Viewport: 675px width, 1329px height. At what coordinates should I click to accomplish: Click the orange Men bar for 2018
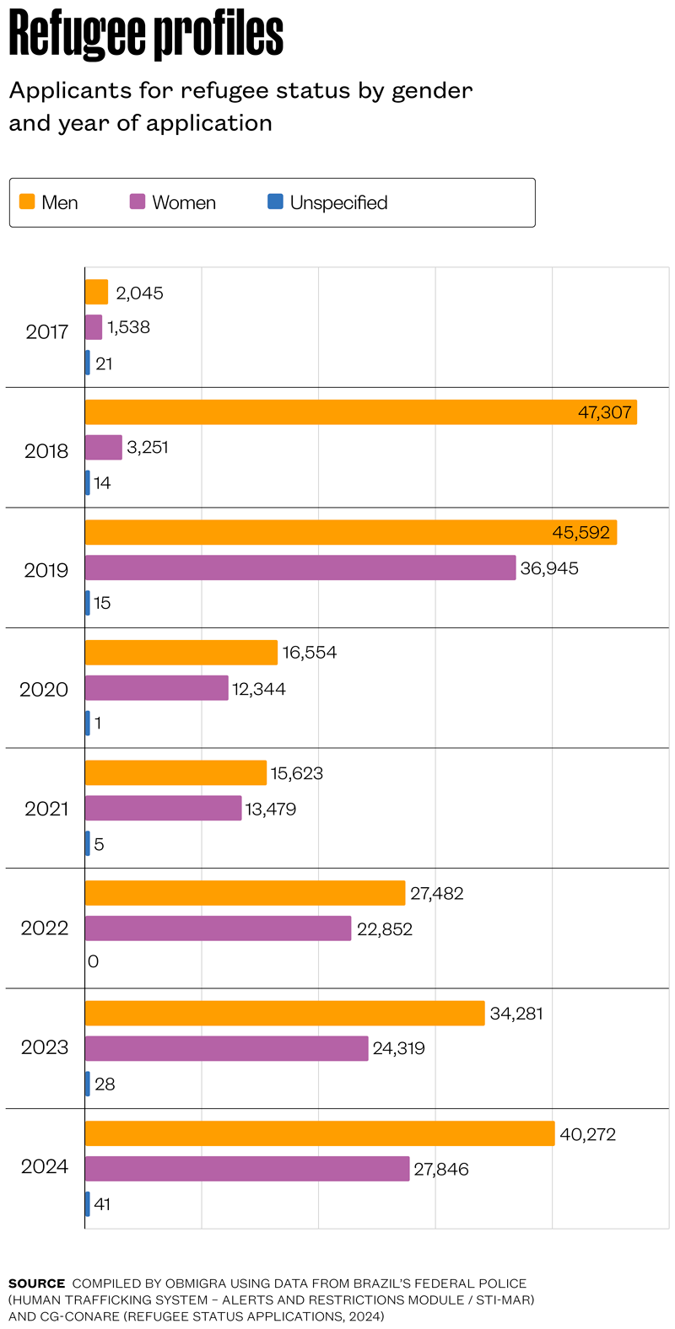(x=337, y=412)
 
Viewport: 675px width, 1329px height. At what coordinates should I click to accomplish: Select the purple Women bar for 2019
(x=300, y=568)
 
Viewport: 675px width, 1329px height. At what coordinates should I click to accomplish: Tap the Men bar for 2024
(x=320, y=1133)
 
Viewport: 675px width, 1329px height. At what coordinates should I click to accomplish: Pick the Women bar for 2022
(x=218, y=928)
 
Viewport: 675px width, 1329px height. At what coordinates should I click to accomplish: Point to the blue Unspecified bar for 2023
(x=88, y=1084)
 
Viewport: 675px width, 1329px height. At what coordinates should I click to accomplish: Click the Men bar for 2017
(x=96, y=292)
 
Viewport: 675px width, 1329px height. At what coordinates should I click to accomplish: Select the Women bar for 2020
(x=156, y=688)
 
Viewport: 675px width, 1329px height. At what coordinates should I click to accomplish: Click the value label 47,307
(x=604, y=412)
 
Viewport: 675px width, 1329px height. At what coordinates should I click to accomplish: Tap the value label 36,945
(x=549, y=568)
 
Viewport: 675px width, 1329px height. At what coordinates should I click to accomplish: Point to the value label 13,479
(x=271, y=810)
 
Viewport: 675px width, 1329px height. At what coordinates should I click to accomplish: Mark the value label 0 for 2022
(x=93, y=961)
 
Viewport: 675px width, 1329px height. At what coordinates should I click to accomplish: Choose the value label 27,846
(x=441, y=1170)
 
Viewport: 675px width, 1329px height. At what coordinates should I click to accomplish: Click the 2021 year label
(x=46, y=809)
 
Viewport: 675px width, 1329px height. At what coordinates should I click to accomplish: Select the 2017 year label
(x=46, y=331)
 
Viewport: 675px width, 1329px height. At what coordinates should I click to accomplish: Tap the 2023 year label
(x=45, y=1047)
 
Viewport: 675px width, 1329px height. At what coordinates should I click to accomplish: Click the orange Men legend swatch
(x=27, y=202)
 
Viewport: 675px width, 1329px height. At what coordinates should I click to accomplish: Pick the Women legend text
(x=184, y=202)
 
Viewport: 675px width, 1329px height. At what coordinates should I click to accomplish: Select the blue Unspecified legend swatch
(x=275, y=202)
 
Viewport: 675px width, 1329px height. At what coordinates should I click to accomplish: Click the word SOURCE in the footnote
(x=36, y=1283)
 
